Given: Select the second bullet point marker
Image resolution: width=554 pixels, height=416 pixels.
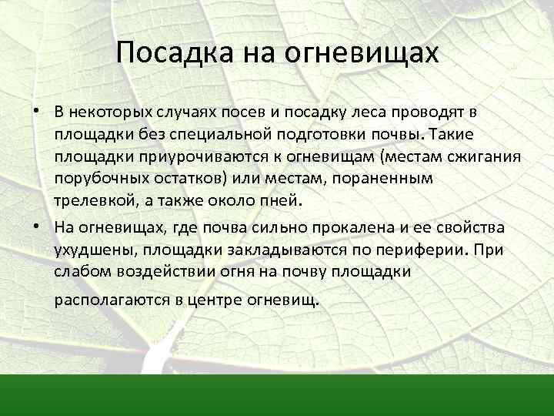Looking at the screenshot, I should point(37,226).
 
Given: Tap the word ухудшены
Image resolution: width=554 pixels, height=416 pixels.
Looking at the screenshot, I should point(87,250).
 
